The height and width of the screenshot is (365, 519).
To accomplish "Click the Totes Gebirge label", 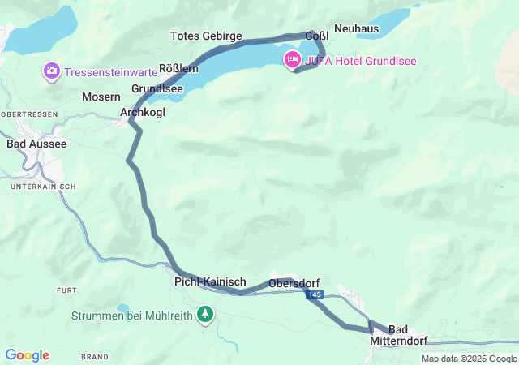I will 206,36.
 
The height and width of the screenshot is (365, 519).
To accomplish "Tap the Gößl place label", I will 316,36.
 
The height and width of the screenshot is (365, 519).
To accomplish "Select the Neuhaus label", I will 356,28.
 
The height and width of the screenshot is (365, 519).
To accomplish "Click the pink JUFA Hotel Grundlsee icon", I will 292,60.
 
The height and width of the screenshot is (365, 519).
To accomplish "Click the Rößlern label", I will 179,68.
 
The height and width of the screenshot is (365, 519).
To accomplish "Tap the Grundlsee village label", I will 157,88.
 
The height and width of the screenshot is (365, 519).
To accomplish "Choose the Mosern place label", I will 101,97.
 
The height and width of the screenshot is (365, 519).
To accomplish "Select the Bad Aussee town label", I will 36,144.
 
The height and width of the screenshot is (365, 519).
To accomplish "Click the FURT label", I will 66,290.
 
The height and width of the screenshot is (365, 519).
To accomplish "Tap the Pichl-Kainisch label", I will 210,281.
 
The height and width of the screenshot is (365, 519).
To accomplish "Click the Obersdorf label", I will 294,282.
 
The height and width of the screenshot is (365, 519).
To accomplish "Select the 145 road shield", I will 315,295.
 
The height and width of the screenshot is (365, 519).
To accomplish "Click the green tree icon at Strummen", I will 206,314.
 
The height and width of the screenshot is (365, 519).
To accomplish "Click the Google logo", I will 27,355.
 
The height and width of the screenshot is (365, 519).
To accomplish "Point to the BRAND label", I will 94,356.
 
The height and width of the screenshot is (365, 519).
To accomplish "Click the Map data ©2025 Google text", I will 469,359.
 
